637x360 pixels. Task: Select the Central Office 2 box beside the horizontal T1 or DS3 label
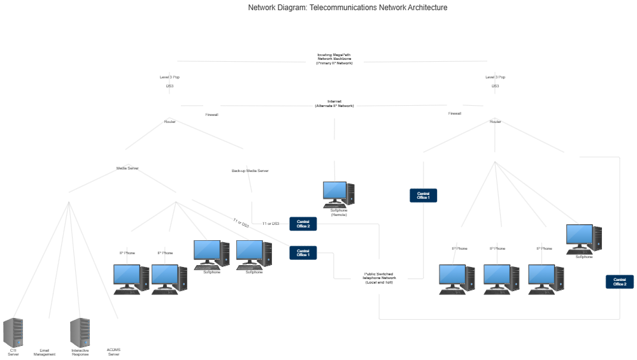[303, 224]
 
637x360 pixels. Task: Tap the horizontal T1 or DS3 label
[271, 224]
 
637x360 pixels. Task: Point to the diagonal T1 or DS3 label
[241, 223]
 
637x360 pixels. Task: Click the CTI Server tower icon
[13, 332]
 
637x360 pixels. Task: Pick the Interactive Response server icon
[80, 332]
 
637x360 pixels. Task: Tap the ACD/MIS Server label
[113, 352]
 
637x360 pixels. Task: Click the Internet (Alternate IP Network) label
[334, 103]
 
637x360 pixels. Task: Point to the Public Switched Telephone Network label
[380, 278]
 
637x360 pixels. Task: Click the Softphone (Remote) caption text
[339, 212]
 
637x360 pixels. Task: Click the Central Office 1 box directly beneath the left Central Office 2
[303, 252]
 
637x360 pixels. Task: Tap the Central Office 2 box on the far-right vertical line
[619, 282]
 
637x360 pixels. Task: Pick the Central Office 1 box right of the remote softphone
[424, 195]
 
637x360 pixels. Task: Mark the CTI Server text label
[13, 352]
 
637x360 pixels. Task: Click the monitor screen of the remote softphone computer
[334, 191]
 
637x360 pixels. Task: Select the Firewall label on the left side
[211, 115]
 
